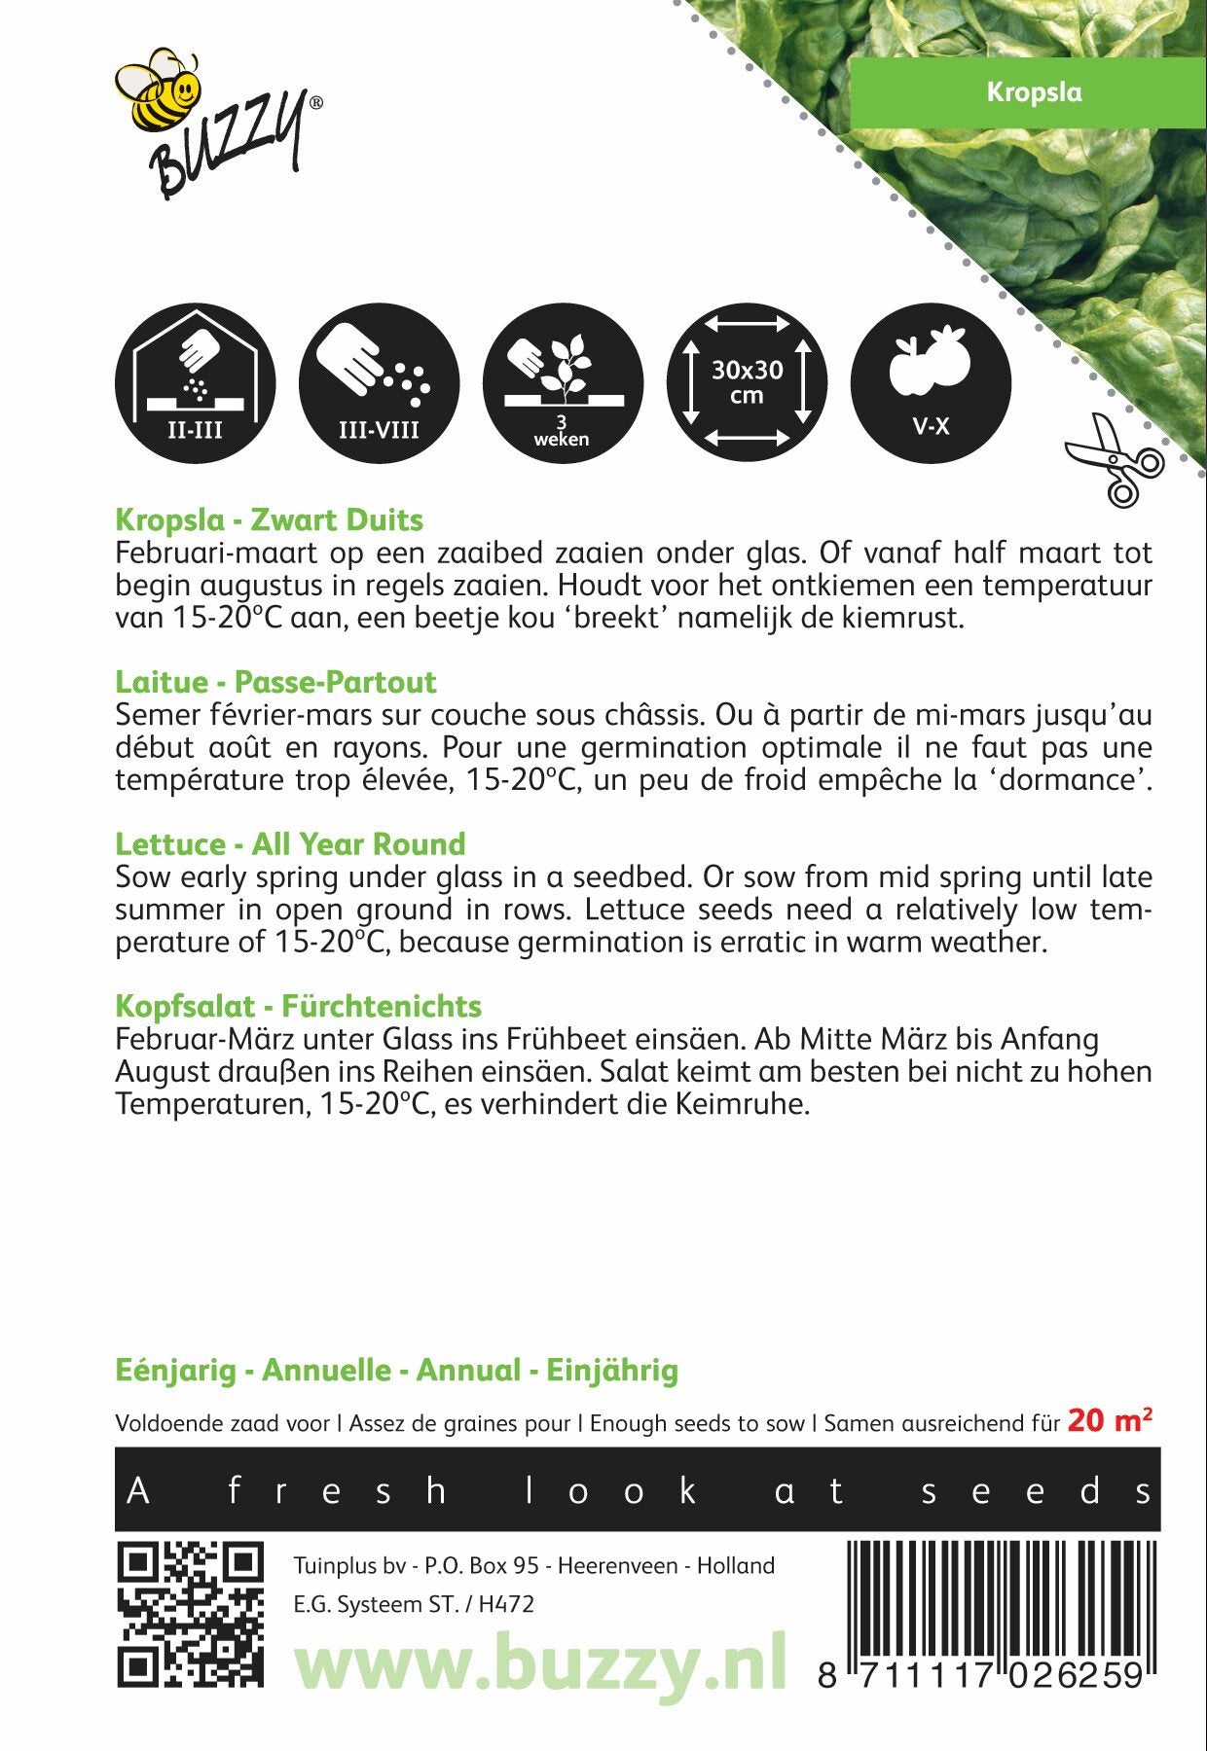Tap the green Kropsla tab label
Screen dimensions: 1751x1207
[1033, 92]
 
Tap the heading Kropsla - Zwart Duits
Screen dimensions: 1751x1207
[269, 520]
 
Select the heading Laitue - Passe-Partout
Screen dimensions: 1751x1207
[275, 682]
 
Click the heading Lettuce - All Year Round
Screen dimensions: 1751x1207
[290, 843]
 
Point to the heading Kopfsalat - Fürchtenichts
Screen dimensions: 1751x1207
[298, 1006]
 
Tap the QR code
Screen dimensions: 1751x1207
[191, 1615]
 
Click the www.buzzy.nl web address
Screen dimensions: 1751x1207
[540, 1665]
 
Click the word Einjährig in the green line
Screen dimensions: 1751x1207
[611, 1371]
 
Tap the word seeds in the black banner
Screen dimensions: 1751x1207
[1038, 1490]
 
